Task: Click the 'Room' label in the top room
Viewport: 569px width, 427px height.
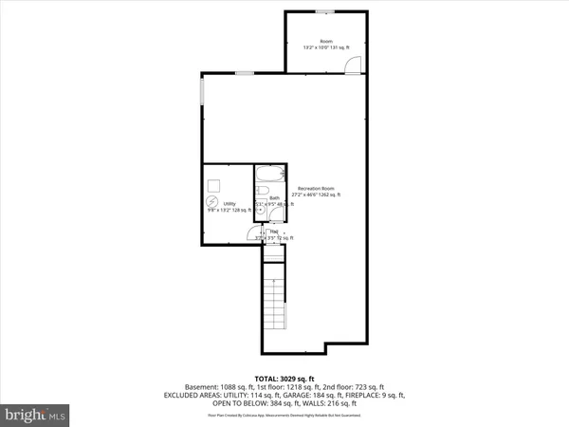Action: pos(326,41)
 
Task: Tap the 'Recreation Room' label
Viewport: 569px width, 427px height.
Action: pos(316,188)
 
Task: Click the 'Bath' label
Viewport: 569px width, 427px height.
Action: pos(274,198)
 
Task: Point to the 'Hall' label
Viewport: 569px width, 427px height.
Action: pos(274,232)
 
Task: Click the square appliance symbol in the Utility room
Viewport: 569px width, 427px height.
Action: pos(215,184)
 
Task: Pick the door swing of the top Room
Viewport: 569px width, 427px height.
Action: pos(353,65)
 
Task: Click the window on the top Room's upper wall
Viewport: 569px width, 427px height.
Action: pos(324,11)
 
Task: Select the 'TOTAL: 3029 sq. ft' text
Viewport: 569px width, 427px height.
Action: pos(284,380)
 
